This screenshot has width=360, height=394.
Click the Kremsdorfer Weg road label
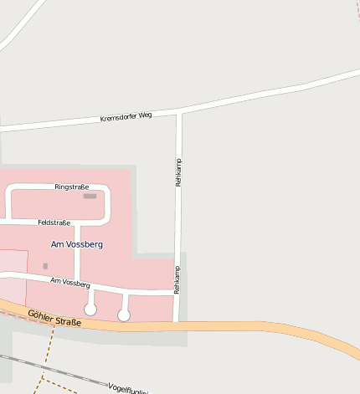tap(126, 119)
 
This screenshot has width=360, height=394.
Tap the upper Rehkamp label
tap(178, 171)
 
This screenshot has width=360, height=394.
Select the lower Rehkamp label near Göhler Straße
tap(177, 279)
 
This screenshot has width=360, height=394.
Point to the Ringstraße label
tap(71, 187)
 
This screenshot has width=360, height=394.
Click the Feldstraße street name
tap(54, 223)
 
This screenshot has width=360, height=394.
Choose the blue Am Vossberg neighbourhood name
tap(77, 244)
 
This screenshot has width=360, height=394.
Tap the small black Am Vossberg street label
tap(69, 284)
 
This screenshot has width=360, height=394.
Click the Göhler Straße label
tap(54, 317)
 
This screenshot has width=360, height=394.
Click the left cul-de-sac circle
tap(90, 310)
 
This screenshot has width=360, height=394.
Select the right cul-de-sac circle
tap(124, 315)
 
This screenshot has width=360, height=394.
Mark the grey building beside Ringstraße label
tap(90, 196)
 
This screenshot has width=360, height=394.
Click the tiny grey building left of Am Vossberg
tap(45, 266)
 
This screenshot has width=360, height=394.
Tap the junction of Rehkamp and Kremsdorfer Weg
tap(178, 111)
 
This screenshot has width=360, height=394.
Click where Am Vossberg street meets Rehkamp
tap(176, 293)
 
